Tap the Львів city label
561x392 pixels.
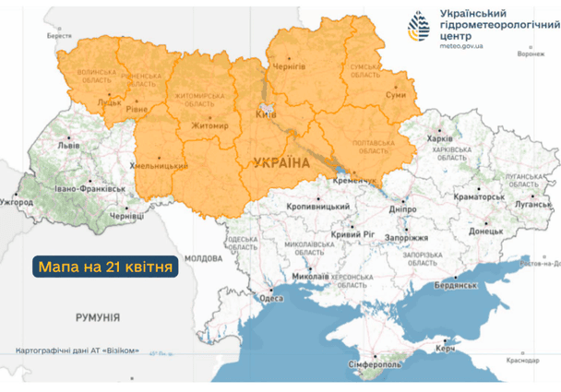(x=67, y=146)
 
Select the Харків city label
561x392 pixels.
(x=441, y=138)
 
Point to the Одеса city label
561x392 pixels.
(x=270, y=298)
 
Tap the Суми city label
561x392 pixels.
(x=395, y=95)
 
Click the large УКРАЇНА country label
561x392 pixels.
(x=280, y=162)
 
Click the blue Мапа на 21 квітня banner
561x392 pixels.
(x=105, y=267)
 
